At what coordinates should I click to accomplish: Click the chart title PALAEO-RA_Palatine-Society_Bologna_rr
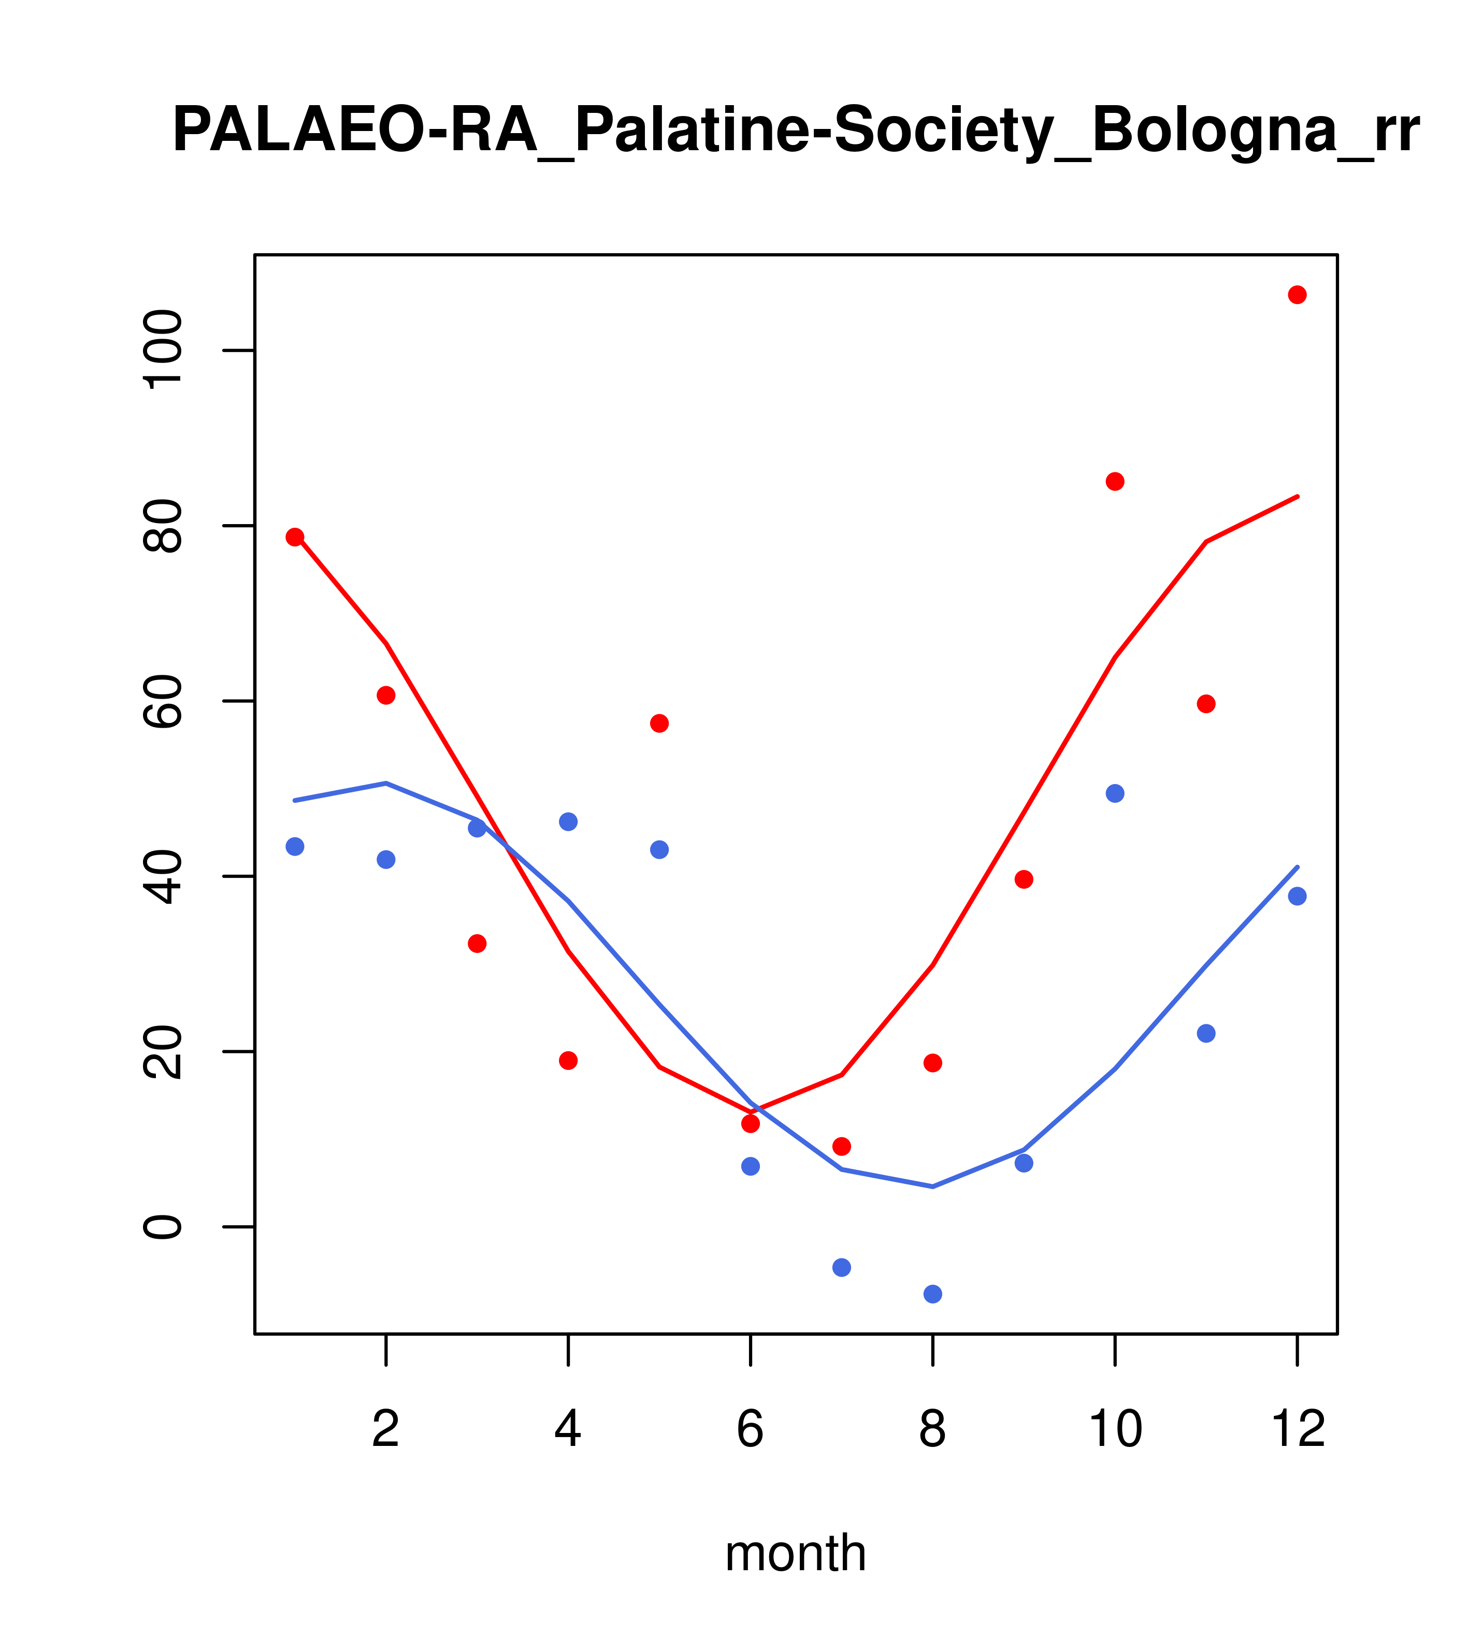tap(796, 131)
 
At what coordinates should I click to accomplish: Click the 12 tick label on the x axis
tap(1298, 1430)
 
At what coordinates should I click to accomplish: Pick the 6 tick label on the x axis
tap(751, 1430)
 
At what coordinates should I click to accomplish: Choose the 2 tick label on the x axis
tap(386, 1430)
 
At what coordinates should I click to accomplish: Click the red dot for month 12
tap(1298, 295)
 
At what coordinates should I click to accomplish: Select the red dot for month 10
tap(1115, 482)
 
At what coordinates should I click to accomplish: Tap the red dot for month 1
tap(295, 537)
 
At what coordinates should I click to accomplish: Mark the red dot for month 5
tap(659, 723)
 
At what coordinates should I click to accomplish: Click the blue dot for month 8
tap(933, 1294)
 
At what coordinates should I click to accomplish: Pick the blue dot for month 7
tap(842, 1267)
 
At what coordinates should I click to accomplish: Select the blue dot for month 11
tap(1206, 1033)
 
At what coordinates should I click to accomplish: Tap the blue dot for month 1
tap(295, 847)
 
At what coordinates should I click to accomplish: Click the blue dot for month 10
tap(1115, 793)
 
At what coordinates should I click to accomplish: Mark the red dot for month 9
tap(1024, 879)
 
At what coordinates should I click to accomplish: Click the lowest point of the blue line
tap(933, 1186)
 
